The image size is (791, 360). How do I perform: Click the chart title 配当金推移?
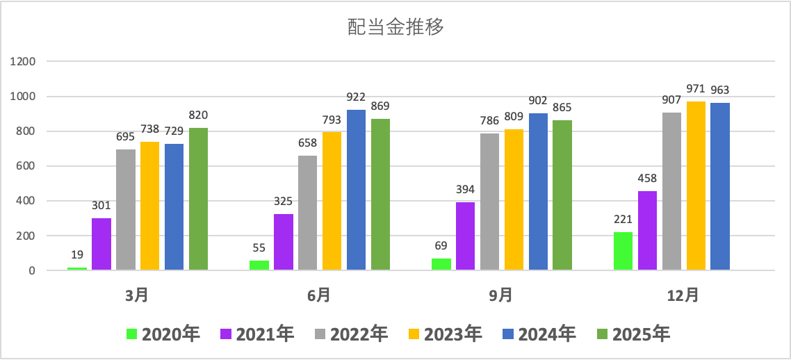(x=395, y=27)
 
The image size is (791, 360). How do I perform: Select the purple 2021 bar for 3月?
(x=101, y=243)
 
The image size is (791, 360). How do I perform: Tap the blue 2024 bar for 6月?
(x=356, y=190)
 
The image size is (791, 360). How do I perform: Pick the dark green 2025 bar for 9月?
(x=562, y=195)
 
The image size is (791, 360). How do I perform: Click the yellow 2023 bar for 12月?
(x=696, y=186)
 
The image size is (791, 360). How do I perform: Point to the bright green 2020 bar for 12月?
(x=623, y=251)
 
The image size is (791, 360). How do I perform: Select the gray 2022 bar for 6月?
(x=308, y=213)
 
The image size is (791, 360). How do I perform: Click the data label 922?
(x=356, y=97)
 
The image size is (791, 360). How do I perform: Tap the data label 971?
(x=696, y=89)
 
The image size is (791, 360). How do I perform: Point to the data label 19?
(x=77, y=254)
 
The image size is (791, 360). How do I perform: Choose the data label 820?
(x=198, y=115)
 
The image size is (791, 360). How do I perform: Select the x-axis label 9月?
(x=501, y=295)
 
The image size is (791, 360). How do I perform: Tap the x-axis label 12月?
(x=683, y=295)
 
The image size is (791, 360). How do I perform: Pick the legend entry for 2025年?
(x=633, y=334)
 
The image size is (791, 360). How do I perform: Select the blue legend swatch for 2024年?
(x=508, y=334)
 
